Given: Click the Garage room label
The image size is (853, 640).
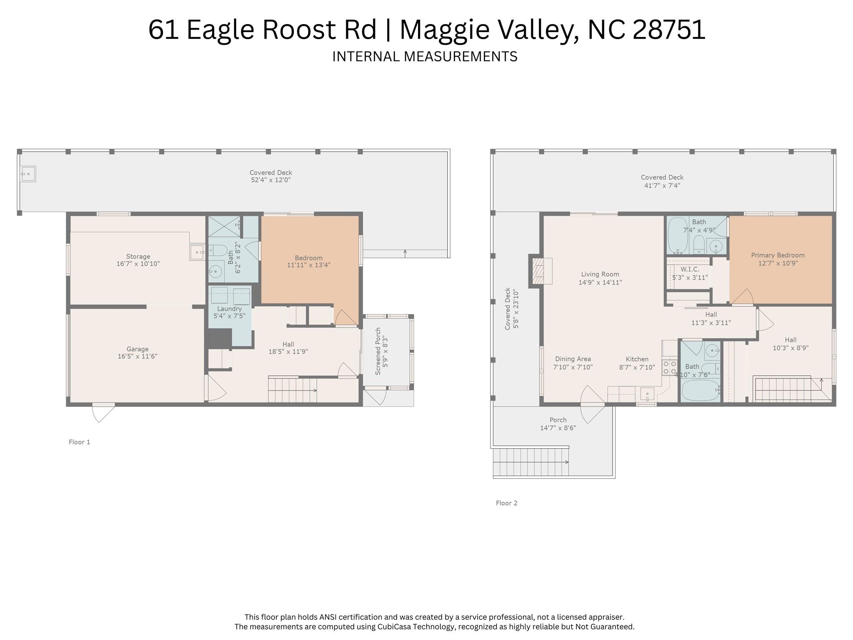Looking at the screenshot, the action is point(138,349).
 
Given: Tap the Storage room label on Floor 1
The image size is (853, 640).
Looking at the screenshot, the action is point(138,256).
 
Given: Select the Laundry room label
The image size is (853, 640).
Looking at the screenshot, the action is point(229,309).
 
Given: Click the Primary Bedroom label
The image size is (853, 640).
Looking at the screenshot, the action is point(778,255).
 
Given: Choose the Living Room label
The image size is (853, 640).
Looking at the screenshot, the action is point(600,274).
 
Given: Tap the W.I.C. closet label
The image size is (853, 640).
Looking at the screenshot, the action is point(690,269).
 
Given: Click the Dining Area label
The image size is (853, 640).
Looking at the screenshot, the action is point(573,359).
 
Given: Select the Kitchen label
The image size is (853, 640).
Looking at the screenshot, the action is point(637,359).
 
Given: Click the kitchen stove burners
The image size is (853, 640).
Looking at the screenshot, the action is point(669,367).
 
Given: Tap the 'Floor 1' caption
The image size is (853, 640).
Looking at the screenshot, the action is point(79,442).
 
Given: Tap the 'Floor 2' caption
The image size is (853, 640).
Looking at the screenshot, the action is point(506,503).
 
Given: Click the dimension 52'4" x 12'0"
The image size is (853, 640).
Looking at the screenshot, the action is point(270,180).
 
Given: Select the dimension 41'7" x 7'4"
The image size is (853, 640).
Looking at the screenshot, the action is point(662,186).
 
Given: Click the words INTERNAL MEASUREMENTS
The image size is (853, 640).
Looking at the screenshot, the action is point(425,56).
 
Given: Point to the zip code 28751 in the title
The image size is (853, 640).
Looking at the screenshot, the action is point(669,30).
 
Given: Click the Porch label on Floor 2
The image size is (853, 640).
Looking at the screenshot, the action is point(558,420).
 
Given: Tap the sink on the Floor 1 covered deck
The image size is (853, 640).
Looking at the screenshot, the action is point(28,174).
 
